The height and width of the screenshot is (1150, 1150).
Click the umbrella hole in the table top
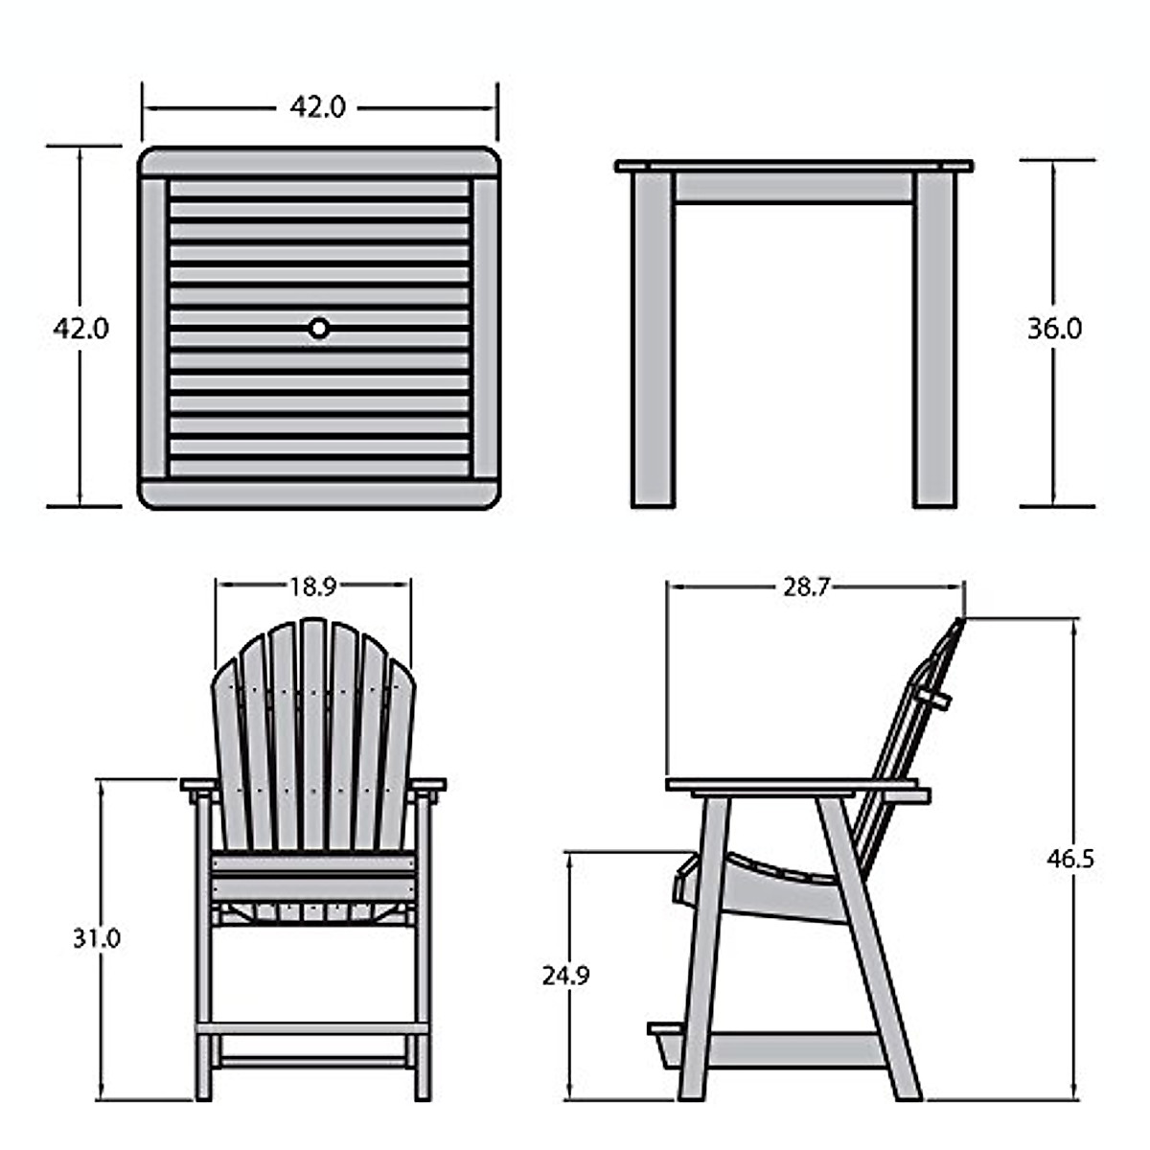pos(318,329)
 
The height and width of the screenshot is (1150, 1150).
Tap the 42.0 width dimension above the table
pos(317,107)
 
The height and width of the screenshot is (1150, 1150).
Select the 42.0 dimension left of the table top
pos(80,329)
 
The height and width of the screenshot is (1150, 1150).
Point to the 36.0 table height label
pos(1054,329)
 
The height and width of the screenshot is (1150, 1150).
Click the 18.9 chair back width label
pos(312,587)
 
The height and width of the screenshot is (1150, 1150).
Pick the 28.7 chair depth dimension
pos(805,587)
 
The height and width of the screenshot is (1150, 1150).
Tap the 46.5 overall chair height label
pos(1069,858)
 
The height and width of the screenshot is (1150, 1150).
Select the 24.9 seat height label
pos(565,976)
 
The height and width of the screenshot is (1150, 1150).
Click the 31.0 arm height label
pos(97,938)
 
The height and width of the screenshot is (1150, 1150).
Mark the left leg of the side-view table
pos(653,340)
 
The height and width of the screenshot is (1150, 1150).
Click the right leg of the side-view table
pos(934,340)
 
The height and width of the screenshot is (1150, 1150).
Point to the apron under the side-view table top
pos(793,188)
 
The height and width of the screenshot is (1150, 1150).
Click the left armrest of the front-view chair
pos(198,785)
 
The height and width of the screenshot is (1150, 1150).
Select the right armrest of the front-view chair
pos(428,785)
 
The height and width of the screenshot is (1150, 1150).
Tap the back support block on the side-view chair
pos(934,696)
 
